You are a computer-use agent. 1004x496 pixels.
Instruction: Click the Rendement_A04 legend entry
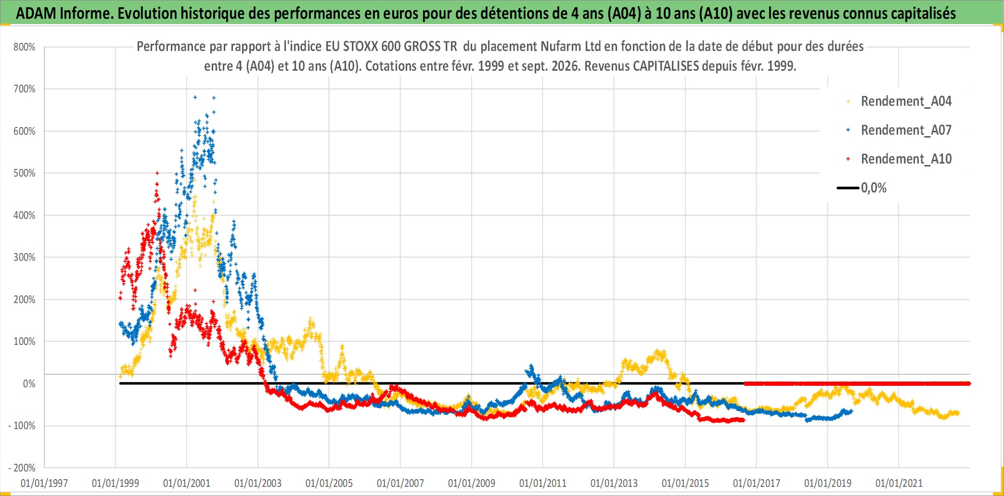(899, 101)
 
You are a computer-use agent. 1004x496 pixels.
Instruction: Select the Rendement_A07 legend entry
(899, 130)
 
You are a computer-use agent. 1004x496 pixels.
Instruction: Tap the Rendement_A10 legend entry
(899, 159)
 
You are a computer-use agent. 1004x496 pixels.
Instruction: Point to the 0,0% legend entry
(862, 188)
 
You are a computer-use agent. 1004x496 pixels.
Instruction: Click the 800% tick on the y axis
(25, 47)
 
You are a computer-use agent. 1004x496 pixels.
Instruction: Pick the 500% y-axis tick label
(25, 173)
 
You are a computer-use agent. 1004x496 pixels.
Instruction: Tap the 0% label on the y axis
(29, 383)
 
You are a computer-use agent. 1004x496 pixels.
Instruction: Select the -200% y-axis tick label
(22, 468)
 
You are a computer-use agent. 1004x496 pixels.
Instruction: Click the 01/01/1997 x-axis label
(44, 483)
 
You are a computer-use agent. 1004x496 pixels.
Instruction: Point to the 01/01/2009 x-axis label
(472, 483)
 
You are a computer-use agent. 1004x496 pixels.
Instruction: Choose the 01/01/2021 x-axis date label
(899, 483)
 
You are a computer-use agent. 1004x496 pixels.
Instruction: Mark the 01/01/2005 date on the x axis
(329, 483)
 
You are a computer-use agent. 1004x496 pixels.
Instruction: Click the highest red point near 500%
(157, 173)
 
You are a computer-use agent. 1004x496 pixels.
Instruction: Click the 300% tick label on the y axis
(25, 257)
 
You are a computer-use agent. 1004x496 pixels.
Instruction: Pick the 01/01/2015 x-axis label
(685, 483)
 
